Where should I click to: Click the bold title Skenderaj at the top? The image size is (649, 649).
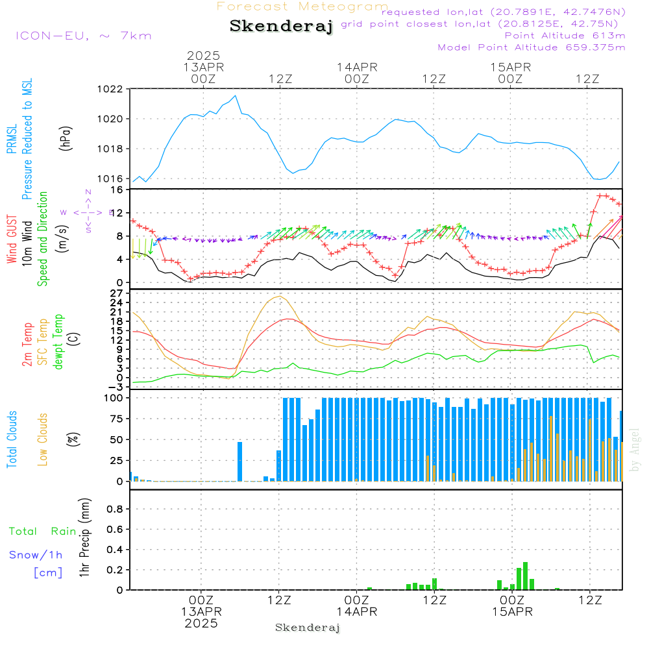coord(281,27)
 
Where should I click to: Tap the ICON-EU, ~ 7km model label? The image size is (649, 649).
coord(83,36)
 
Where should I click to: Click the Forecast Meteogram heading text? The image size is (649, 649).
coord(302,6)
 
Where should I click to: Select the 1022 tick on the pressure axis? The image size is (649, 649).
coord(112,89)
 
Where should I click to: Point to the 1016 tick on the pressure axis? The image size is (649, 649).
coord(112,178)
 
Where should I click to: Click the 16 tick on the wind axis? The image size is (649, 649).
coord(117,190)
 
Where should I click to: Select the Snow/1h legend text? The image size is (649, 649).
coord(36,556)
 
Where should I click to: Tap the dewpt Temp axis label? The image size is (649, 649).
coord(58,341)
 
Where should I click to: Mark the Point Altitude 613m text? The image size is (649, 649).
coord(565,36)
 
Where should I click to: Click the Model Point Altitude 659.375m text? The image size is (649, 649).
coord(532,47)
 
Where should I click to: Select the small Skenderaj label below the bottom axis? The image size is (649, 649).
coord(308,628)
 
